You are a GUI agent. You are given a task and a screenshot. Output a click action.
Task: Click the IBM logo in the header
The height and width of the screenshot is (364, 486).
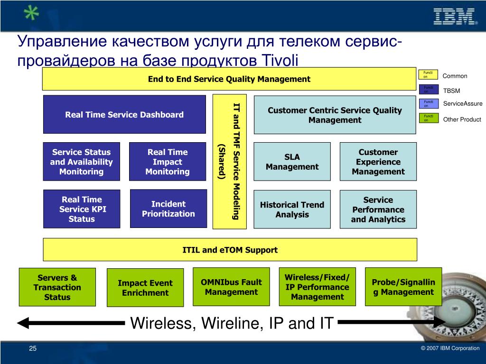(x=455, y=16)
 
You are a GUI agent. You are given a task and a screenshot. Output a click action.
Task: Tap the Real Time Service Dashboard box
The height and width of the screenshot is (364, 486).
(x=124, y=114)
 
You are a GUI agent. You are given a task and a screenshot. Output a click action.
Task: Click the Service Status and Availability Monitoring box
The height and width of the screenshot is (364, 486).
(x=81, y=162)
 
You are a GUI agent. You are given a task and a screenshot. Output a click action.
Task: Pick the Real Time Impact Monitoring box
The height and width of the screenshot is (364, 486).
(x=167, y=162)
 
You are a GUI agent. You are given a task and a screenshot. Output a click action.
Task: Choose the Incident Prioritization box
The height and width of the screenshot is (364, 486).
(x=168, y=209)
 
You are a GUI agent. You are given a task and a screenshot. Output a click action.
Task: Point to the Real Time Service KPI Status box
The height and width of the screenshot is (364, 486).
(x=81, y=209)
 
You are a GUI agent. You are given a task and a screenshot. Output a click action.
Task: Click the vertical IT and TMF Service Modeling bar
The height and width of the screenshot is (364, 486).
(x=229, y=161)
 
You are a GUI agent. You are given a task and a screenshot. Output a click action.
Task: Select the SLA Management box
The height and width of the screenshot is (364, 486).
(x=292, y=162)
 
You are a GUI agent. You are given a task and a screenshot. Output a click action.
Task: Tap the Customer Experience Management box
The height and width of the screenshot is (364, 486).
(x=378, y=162)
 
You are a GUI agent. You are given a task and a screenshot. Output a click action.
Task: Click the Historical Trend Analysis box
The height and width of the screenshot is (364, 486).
(x=292, y=209)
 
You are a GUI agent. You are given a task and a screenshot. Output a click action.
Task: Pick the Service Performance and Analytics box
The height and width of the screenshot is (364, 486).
(x=378, y=209)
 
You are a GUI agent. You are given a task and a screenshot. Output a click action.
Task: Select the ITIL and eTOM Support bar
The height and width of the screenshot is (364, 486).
(x=230, y=250)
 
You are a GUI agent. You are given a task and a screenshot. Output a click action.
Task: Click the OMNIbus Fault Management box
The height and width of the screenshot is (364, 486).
(x=231, y=287)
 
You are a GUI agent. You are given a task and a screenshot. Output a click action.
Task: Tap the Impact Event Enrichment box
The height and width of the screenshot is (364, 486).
(x=145, y=288)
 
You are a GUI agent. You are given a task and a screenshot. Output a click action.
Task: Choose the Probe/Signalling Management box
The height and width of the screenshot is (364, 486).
(x=403, y=287)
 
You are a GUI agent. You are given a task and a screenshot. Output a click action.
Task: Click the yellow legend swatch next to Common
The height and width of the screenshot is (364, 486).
(x=429, y=74)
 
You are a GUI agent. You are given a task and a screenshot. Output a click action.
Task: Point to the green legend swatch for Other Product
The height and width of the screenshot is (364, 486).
(x=429, y=118)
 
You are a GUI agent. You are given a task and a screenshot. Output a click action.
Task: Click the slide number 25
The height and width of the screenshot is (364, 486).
(x=33, y=349)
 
